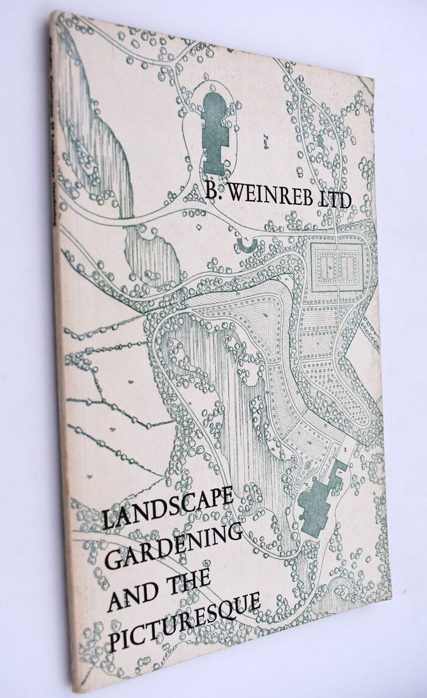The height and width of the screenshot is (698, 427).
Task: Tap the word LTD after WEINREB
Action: [x=333, y=200]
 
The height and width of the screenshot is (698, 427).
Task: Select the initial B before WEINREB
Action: [x=211, y=193]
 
